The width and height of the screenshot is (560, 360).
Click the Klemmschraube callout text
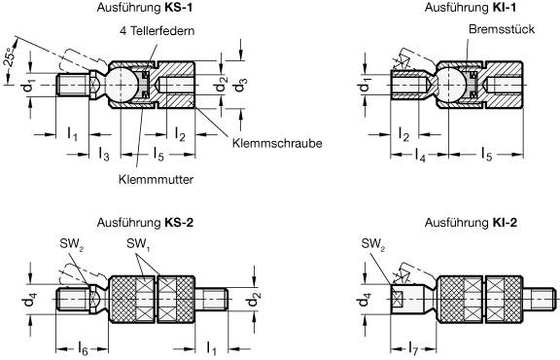[x=277, y=143]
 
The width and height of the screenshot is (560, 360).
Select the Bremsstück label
[x=492, y=31]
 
